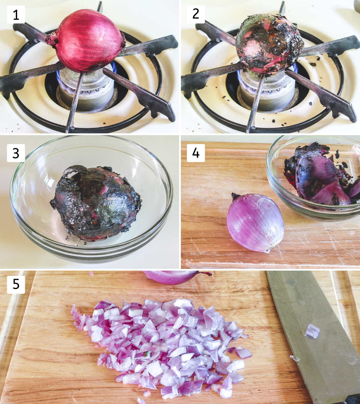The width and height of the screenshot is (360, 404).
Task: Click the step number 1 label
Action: (16, 15)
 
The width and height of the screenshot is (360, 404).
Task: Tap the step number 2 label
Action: (196, 15)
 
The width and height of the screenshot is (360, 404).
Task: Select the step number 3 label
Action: (16, 153)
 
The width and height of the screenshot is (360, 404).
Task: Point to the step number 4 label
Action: (196, 153)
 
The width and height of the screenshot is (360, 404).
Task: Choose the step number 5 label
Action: (16, 284)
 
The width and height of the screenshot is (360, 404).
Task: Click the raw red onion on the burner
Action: (85, 40)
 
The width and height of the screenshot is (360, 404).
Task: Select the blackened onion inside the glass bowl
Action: (96, 203)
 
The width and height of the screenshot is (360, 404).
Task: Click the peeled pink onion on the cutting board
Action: (255, 223)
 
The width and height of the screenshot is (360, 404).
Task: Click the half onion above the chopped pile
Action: (176, 277)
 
